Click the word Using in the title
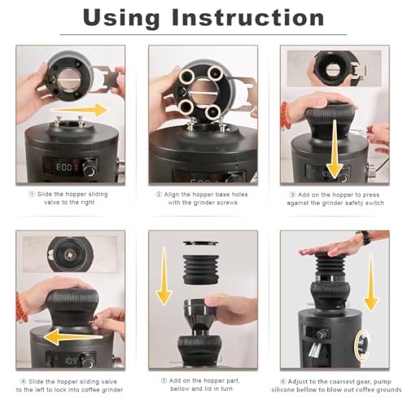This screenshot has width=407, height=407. point(121,18)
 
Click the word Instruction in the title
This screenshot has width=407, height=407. point(248,17)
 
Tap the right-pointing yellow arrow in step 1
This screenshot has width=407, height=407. point(80,110)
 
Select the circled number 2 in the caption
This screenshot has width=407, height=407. point(159,195)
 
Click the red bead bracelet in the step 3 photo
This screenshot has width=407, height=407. point(286,116)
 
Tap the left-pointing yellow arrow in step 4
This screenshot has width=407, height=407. point(73,336)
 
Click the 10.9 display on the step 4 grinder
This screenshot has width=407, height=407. point(72,361)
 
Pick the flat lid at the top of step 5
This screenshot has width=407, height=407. point(201,243)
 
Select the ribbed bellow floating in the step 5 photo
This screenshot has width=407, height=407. point(201,269)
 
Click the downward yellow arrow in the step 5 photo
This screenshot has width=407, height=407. point(164,276)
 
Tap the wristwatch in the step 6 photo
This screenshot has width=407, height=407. point(365,238)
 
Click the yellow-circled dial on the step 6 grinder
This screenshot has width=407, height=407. point(363,345)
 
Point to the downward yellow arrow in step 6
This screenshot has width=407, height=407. point(370,283)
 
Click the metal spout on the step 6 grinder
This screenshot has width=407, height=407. point(315,349)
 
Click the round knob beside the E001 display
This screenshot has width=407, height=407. point(90,169)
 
